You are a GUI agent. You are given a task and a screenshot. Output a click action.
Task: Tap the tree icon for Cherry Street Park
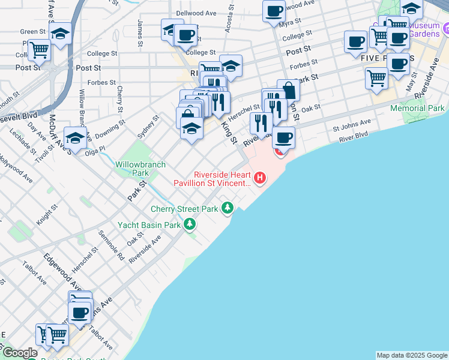click(x=228, y=208)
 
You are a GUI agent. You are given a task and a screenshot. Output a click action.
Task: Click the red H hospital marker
click(x=260, y=177)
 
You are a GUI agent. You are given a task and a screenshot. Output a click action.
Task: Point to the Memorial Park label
click(x=417, y=109)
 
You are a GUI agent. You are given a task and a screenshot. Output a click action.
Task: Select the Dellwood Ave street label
click(x=196, y=13)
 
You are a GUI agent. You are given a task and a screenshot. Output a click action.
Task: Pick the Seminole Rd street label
click(x=112, y=245)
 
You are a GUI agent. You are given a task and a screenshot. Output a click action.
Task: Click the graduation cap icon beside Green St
click(x=61, y=34)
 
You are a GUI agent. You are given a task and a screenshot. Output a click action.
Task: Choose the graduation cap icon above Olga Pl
click(x=75, y=138)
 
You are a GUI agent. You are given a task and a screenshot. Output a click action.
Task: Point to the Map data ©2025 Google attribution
click(x=412, y=355)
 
